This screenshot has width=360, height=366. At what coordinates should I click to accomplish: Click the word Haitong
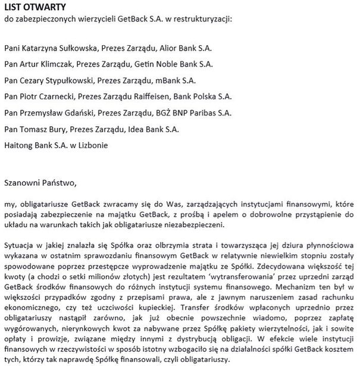(x=19, y=145)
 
